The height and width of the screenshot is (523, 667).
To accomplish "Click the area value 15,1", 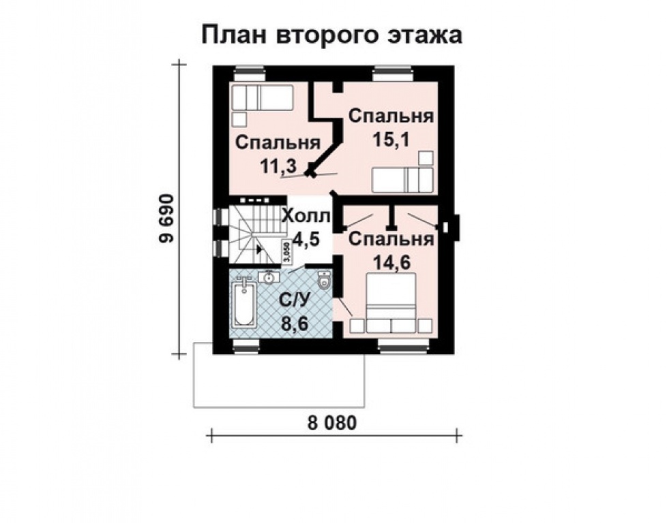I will click(x=389, y=139).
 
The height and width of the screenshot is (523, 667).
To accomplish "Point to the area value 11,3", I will click(x=277, y=165).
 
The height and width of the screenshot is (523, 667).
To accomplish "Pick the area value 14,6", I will click(x=390, y=262).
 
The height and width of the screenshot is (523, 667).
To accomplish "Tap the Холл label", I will click(x=306, y=217).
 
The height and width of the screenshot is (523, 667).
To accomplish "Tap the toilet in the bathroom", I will click(x=325, y=281).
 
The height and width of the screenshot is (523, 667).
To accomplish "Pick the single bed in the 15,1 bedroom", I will click(x=402, y=180).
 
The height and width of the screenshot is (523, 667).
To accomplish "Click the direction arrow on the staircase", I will click(x=260, y=249).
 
